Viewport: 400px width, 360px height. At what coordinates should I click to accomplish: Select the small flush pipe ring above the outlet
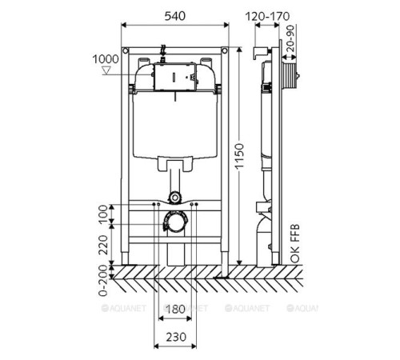(x=175, y=195)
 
